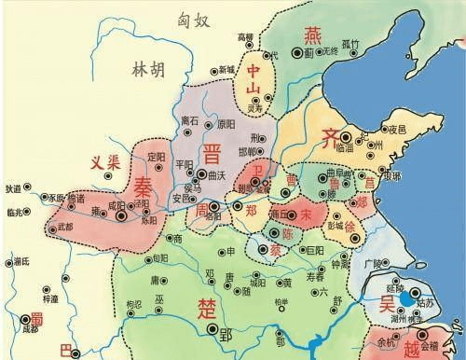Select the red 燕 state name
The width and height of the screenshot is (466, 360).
coord(311,35)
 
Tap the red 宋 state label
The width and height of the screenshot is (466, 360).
coord(307,214)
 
